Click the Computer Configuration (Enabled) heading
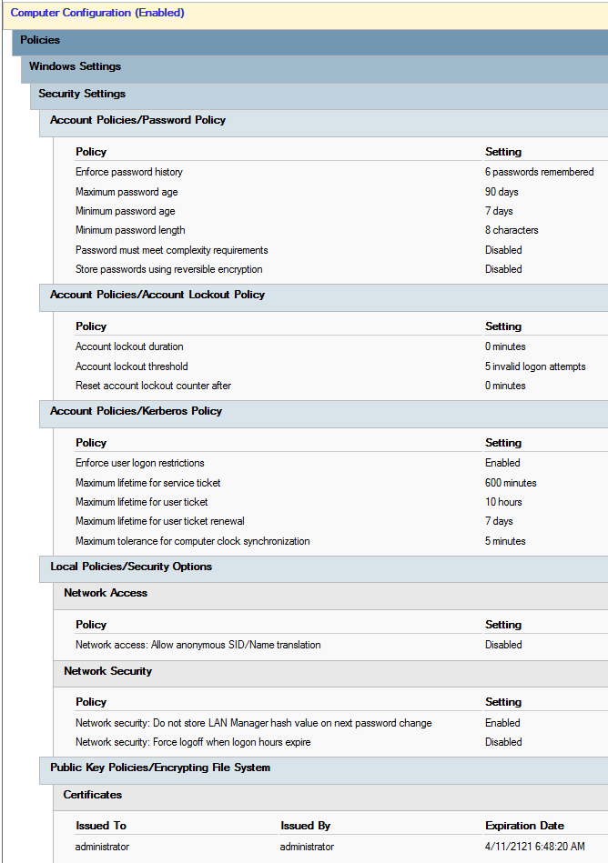[97, 14]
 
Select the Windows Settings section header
[75, 66]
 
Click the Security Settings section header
[82, 94]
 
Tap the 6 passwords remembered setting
[539, 172]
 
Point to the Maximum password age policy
[127, 192]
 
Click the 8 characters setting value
[512, 230]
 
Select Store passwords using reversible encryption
[169, 269]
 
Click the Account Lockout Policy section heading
[157, 295]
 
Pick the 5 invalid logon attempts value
[535, 366]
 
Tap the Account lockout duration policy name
[129, 346]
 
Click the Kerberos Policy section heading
[136, 411]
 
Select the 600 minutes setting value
[511, 483]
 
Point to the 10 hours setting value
[503, 502]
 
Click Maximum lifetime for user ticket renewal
[160, 521]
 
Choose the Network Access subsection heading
[106, 593]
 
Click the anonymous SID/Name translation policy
[198, 645]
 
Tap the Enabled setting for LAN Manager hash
[502, 723]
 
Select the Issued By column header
[305, 826]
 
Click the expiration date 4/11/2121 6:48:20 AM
[534, 847]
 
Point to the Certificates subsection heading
[92, 795]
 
